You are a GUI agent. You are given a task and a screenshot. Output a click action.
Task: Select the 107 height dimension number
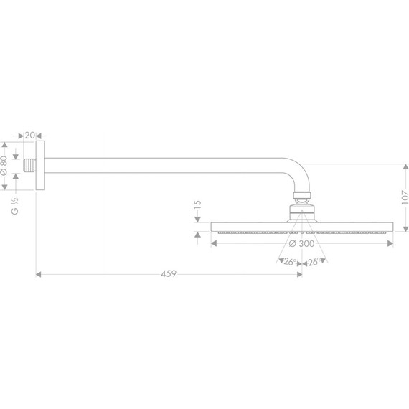tap(404, 197)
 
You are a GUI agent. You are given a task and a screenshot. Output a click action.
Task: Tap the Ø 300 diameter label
tap(302, 244)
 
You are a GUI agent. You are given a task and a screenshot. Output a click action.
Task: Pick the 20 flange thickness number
tap(30, 135)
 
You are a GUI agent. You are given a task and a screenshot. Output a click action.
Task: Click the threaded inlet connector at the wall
tap(29, 165)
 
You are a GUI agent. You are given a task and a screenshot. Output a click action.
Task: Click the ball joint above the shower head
tap(302, 211)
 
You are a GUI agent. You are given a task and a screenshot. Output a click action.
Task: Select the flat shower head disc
tap(302, 227)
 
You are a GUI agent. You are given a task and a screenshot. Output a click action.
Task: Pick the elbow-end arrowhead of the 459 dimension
tap(299, 274)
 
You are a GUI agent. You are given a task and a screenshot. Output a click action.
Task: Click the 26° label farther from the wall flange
tap(314, 262)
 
